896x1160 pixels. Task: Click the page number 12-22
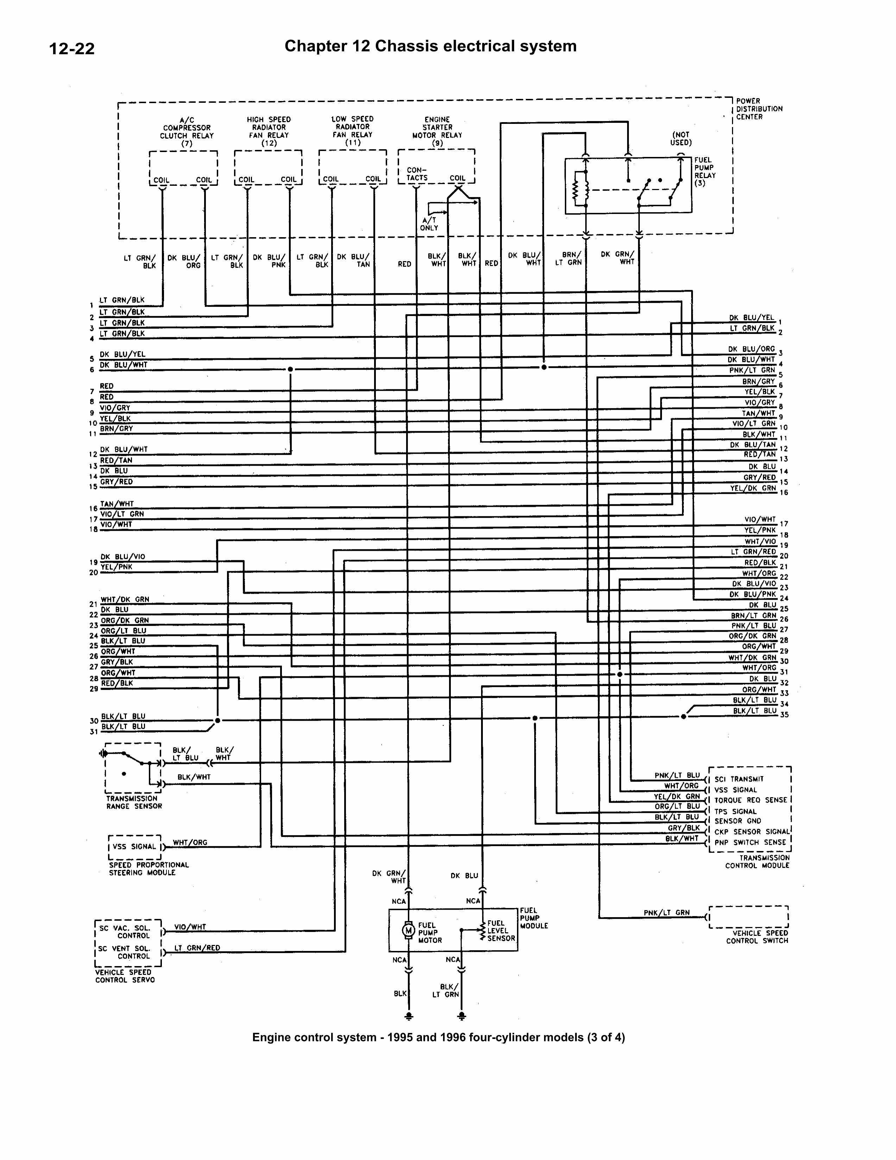pos(72,49)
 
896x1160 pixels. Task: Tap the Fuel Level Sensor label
pos(501,931)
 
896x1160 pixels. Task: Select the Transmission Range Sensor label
pos(134,802)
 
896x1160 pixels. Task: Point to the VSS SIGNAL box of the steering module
pos(134,847)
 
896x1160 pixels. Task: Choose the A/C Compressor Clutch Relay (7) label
pos(187,132)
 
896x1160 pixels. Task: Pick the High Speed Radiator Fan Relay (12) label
pos(269,131)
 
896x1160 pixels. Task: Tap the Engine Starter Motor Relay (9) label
pos(437,131)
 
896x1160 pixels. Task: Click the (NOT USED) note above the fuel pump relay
pos(681,139)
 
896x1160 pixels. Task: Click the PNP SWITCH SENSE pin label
pos(750,843)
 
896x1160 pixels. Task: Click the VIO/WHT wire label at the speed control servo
pos(190,927)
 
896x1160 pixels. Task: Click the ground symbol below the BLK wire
pos(409,1016)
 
